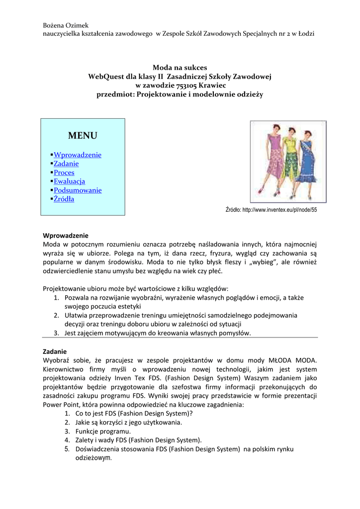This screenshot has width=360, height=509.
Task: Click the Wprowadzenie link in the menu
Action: click(x=77, y=155)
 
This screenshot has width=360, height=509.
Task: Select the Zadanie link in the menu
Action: click(x=66, y=164)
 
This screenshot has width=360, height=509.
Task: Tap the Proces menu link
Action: click(x=64, y=172)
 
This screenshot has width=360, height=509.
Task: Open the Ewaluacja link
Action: click(x=69, y=181)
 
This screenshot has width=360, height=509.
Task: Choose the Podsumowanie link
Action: click(x=78, y=190)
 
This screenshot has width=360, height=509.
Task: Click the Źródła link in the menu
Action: click(x=64, y=199)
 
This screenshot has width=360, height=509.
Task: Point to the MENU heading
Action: click(x=83, y=136)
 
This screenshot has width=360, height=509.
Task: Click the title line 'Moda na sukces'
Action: click(x=180, y=68)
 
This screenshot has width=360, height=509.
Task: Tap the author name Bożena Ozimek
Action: click(x=66, y=25)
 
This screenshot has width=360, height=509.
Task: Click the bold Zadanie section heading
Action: click(x=55, y=351)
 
